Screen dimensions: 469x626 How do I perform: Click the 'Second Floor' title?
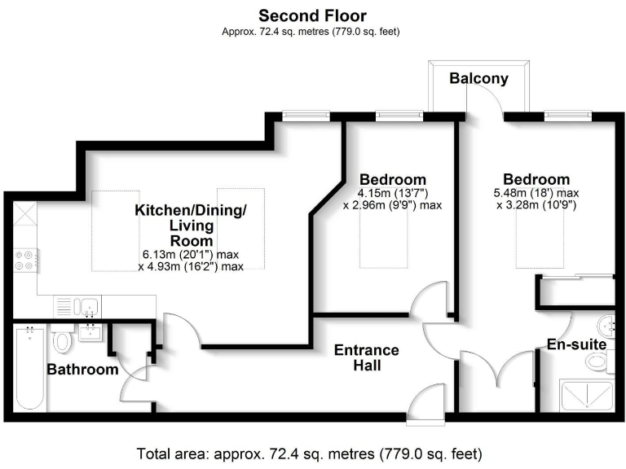pyautogui.click(x=312, y=15)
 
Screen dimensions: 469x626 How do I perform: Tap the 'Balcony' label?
pyautogui.click(x=478, y=79)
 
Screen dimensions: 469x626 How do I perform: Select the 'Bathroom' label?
pyautogui.click(x=82, y=370)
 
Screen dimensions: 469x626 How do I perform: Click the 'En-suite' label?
pyautogui.click(x=576, y=344)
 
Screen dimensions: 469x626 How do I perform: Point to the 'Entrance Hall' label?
pyautogui.click(x=366, y=358)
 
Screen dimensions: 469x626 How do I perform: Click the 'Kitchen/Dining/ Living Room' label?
pyautogui.click(x=190, y=226)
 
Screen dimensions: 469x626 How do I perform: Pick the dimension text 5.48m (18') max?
pyautogui.click(x=536, y=194)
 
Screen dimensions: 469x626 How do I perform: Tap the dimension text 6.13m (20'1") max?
pyautogui.click(x=191, y=254)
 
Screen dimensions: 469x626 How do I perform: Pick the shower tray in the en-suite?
pyautogui.click(x=586, y=396)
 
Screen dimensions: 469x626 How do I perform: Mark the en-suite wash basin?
pyautogui.click(x=606, y=322)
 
